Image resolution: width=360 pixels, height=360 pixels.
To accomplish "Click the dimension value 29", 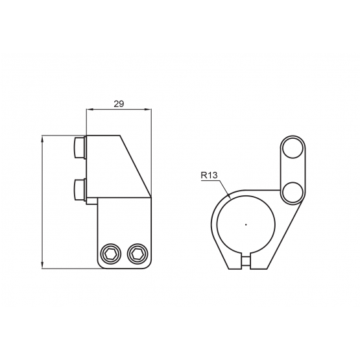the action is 119,104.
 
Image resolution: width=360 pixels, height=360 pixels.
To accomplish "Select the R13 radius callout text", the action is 209,175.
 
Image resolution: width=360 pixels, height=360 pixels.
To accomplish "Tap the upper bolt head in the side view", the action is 79,148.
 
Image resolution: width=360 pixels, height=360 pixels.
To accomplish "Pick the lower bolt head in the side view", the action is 79,189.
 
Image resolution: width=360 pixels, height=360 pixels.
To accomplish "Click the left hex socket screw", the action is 111,254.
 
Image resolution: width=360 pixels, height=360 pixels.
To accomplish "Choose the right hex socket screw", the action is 138,254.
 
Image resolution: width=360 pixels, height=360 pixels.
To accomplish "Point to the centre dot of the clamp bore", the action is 246,224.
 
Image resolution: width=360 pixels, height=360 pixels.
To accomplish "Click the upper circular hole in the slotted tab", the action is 293,148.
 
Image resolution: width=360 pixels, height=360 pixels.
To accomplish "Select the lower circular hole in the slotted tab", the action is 293,192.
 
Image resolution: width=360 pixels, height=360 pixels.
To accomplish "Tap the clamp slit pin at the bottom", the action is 246,261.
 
